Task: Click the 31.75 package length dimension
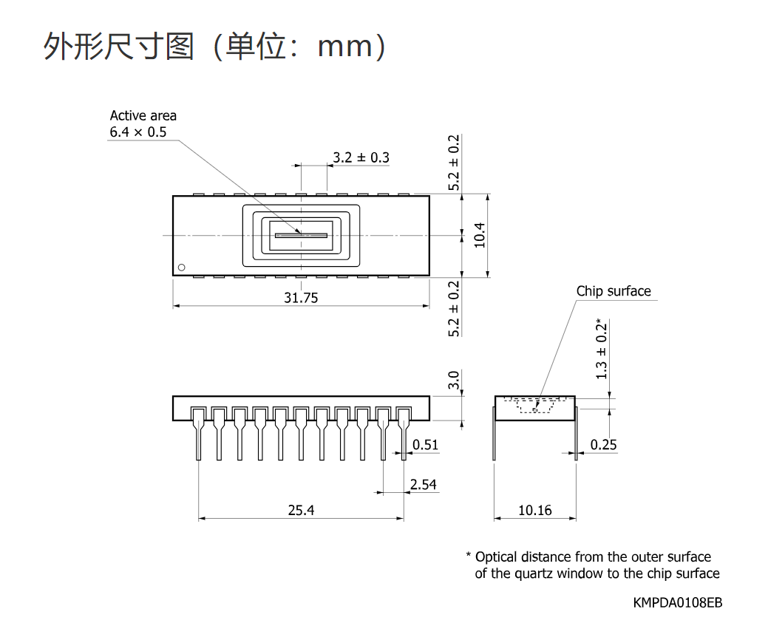coord(301,298)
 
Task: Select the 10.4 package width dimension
coord(480,235)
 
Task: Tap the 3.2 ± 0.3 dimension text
coord(361,157)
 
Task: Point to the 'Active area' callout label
coord(143,115)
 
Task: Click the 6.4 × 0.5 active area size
coord(138,132)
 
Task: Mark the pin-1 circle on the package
coord(182,268)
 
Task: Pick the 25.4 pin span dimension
coord(301,511)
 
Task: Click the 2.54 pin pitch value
coord(424,484)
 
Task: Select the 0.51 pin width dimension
coord(425,445)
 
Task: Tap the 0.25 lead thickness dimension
coord(603,445)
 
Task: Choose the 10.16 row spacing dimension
coord(535,511)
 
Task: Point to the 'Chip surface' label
coord(614,291)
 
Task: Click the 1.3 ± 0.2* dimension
coord(602,349)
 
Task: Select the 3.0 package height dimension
coord(454,380)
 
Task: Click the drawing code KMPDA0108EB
coord(677,602)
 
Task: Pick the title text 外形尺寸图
coord(119,47)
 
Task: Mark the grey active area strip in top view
coord(301,236)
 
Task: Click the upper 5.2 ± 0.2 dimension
coord(454,163)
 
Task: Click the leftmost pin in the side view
coord(198,434)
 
